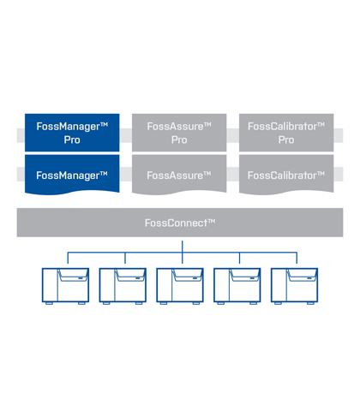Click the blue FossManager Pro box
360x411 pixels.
point(72,133)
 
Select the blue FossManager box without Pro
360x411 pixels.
point(72,175)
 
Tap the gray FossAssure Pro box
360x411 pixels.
point(179,133)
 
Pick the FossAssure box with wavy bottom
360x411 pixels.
point(179,175)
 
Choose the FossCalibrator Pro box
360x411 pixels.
point(286,133)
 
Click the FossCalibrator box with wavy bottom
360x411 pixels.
point(286,175)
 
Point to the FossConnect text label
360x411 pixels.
point(180,223)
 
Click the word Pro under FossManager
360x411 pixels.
point(72,140)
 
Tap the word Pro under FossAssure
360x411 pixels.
point(179,140)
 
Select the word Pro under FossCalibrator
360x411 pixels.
point(286,140)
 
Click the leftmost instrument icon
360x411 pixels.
point(65,286)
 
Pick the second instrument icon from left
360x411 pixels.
point(123,286)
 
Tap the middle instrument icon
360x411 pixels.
point(180,286)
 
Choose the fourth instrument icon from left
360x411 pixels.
point(237,286)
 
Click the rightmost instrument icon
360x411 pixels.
point(294,286)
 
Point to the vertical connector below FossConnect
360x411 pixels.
point(183,252)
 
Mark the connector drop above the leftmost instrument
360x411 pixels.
point(68,258)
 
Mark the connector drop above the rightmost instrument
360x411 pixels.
point(297,258)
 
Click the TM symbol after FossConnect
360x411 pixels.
point(212,220)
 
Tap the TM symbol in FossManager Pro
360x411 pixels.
point(104,124)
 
